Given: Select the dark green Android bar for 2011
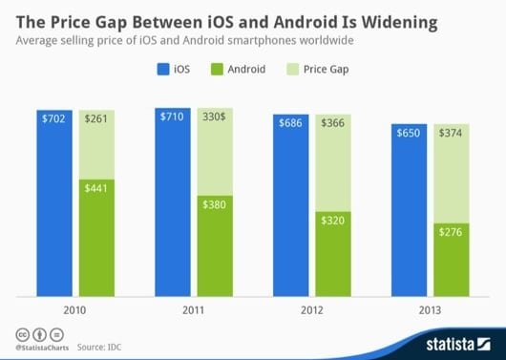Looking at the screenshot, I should tap(216, 243).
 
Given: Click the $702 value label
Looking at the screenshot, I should tap(57, 119).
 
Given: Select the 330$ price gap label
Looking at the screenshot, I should tap(216, 119).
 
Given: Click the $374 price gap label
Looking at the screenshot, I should tap(450, 133).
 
